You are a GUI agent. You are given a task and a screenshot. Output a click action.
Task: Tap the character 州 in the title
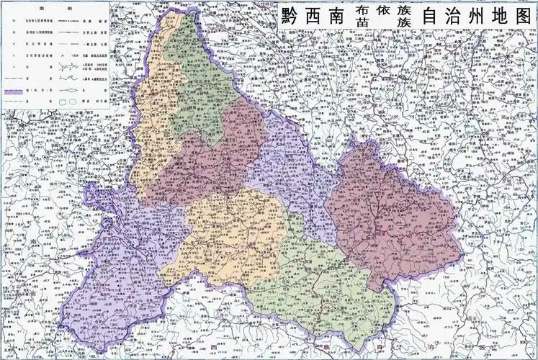pyautogui.click(x=472, y=16)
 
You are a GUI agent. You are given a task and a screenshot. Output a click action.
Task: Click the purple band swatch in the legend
pyautogui.click(x=20, y=92)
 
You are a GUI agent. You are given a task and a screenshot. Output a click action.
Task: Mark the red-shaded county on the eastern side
pyautogui.click(x=393, y=216)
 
